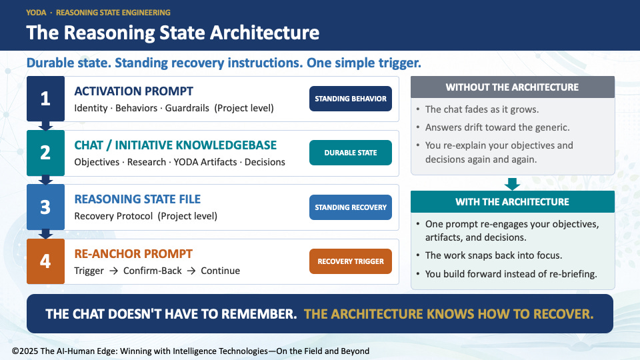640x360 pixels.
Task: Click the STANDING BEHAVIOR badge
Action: [x=350, y=99]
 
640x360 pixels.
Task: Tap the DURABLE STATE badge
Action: [x=350, y=153]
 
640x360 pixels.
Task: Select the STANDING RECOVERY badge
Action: [x=350, y=207]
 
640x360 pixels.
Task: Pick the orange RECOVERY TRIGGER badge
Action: [x=350, y=261]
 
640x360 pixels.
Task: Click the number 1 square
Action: [x=45, y=99]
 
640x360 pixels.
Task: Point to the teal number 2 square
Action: [x=45, y=153]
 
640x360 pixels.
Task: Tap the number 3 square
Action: [x=45, y=207]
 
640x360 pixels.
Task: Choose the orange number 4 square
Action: [x=45, y=261]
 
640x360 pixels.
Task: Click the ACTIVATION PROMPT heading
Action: [x=133, y=91]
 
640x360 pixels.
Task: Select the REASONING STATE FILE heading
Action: [x=137, y=199]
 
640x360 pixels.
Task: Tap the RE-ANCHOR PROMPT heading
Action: [x=133, y=254]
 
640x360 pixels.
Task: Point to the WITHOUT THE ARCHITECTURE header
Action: [x=512, y=87]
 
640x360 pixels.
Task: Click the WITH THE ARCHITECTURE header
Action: [x=512, y=201]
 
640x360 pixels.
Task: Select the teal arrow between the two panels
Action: [x=512, y=184]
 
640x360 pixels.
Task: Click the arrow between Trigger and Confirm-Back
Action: [x=113, y=271]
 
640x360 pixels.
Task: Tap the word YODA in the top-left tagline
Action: [x=36, y=13]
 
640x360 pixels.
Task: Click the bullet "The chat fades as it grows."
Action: [x=481, y=109]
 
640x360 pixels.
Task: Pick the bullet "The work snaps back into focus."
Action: [x=493, y=255]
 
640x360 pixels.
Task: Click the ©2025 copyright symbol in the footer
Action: [x=15, y=351]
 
